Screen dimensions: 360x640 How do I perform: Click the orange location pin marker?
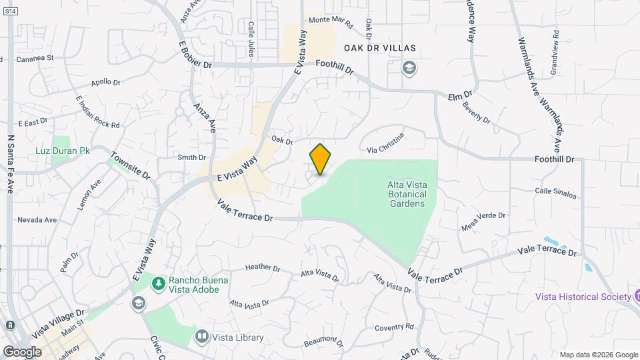point(320,159)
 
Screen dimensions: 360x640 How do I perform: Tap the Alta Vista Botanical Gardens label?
point(406,194)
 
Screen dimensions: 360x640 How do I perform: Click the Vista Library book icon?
point(201,337)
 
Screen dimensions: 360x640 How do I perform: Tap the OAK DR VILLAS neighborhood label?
point(379,49)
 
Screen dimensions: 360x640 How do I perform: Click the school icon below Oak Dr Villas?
point(408,67)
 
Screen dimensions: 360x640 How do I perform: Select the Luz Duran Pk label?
point(71,151)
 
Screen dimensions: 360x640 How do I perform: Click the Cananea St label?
point(35,59)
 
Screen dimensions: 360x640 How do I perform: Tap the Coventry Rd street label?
point(394,327)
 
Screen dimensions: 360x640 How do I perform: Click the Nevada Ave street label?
point(37,219)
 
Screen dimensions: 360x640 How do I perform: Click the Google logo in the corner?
point(22,351)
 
